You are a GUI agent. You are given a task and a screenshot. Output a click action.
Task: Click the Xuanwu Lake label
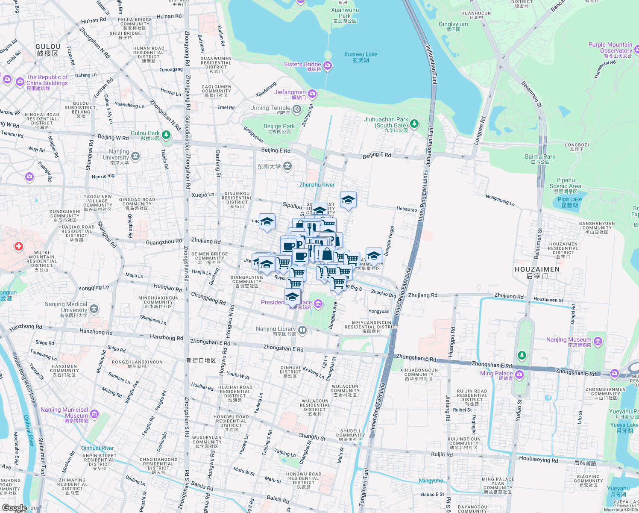[361, 57]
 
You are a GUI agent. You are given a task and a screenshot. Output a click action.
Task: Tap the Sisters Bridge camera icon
[328, 65]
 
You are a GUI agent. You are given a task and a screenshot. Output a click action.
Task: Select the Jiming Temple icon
[297, 109]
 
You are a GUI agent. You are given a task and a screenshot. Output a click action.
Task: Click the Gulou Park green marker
[166, 135]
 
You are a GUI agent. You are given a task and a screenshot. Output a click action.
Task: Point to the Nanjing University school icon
[135, 156]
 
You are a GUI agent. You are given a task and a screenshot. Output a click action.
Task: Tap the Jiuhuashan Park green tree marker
[414, 124]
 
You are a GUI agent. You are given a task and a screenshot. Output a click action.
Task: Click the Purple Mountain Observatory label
[610, 50]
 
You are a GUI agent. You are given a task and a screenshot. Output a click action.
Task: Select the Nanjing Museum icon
[598, 341]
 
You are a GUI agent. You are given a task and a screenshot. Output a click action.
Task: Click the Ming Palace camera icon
[519, 374]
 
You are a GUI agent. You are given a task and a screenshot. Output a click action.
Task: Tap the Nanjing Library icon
[302, 330]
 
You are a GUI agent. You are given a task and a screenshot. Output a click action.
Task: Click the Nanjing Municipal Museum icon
[94, 414]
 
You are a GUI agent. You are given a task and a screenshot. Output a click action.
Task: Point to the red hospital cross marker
[18, 246]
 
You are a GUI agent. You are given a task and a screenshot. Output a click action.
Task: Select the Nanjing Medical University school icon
[94, 308]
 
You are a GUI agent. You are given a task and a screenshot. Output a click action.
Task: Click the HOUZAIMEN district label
[537, 272]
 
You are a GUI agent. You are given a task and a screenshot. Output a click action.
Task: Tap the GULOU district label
[48, 50]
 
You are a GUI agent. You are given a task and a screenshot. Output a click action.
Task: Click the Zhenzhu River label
[317, 185]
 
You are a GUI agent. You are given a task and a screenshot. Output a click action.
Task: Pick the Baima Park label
[540, 159]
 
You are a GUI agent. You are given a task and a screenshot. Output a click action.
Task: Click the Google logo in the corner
[14, 508]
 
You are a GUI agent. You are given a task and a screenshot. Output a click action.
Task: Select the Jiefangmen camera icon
[312, 93]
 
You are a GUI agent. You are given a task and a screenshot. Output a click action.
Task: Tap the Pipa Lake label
[569, 202]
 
